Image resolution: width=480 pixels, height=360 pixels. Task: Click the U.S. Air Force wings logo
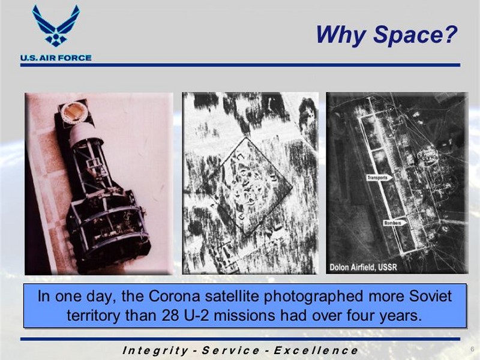pos(56,26)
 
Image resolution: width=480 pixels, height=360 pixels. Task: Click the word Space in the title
pos(415,35)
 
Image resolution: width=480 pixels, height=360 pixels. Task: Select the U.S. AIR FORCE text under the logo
pos(56,58)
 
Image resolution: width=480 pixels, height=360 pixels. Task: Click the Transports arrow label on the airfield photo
pos(379,178)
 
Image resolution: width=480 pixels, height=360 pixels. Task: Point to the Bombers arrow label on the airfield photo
pos(395,223)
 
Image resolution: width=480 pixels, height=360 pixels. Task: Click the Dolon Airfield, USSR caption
pos(363,267)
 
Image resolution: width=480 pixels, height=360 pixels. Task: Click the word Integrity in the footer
pos(155,350)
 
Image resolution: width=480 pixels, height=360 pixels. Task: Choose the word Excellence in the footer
pos(316,350)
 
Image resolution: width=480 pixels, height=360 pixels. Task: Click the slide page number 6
pos(472,349)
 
